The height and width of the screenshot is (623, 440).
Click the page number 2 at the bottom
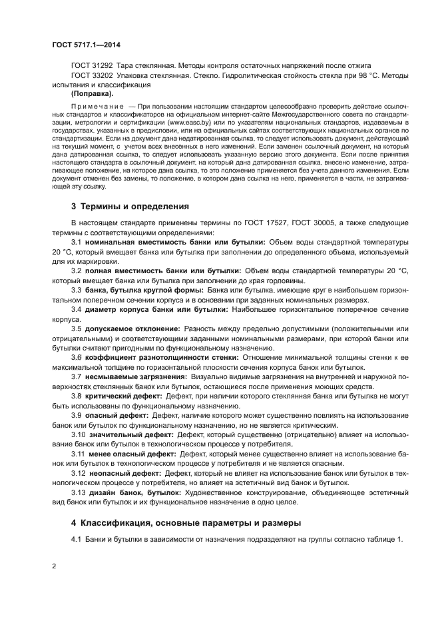pyautogui.click(x=55, y=566)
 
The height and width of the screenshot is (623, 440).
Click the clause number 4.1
pyautogui.click(x=75, y=539)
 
